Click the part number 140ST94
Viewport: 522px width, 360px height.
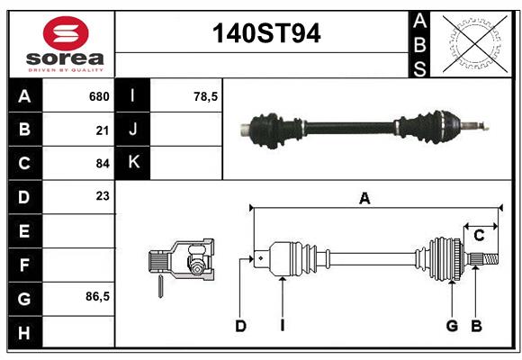click(265, 34)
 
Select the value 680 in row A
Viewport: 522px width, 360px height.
click(98, 96)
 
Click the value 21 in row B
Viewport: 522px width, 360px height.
click(102, 130)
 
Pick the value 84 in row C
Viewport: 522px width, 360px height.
click(102, 164)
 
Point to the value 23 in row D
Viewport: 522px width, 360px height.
click(102, 196)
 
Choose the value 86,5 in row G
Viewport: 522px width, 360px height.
click(96, 296)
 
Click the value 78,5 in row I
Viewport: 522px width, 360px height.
click(206, 96)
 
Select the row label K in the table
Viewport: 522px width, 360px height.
click(133, 163)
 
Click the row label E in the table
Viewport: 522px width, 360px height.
click(24, 231)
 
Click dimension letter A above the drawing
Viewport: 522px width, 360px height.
click(364, 199)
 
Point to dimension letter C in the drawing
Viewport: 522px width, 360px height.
click(479, 235)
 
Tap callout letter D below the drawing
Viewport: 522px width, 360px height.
click(240, 326)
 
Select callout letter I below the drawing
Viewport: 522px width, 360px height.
click(282, 326)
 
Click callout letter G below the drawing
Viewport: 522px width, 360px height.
click(452, 326)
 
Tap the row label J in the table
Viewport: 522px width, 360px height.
click(133, 130)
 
